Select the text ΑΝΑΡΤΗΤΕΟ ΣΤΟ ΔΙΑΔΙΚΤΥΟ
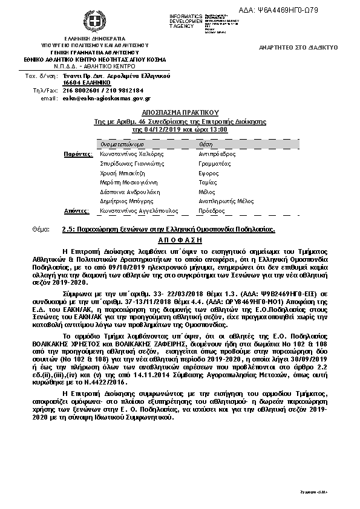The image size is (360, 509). click(293, 47)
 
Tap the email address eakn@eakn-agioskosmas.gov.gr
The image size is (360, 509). click(106, 98)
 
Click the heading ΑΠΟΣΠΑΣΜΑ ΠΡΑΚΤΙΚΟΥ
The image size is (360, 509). click(180, 112)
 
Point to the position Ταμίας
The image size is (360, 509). click(208, 183)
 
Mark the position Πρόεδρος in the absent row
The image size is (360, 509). click(211, 211)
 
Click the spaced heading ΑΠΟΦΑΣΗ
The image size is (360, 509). click(180, 240)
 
